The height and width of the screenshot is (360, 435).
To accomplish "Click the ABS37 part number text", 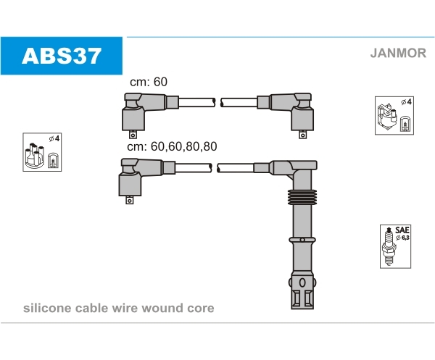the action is [62, 56].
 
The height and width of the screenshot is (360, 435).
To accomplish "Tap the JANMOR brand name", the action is [398, 53].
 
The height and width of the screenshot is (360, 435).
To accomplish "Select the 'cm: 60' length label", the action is [149, 82].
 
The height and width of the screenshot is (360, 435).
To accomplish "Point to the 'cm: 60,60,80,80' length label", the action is [172, 146].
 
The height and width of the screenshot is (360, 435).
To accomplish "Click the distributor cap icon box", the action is [42, 152].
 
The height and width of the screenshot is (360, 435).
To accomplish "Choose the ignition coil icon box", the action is [394, 116].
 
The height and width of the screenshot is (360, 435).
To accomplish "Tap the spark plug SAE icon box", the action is [395, 246].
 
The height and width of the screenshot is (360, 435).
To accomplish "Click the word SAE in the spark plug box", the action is [402, 230].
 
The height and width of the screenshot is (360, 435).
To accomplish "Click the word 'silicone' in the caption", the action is [47, 308].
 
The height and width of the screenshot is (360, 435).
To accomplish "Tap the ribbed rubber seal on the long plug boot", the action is [302, 197].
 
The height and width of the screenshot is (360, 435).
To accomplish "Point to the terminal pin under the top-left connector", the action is [133, 135].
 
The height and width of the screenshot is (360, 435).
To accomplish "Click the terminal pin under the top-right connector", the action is [302, 135].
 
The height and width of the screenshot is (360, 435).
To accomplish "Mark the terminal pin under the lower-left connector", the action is [129, 200].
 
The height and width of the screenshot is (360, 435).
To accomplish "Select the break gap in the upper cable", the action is [218, 103].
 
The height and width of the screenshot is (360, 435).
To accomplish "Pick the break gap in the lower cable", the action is [215, 168].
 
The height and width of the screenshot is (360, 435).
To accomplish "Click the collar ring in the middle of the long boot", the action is [302, 240].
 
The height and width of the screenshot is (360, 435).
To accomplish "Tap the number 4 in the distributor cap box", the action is [57, 138].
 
